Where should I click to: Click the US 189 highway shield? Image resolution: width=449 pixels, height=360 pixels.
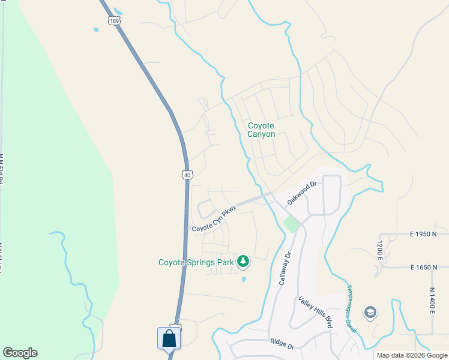(x=114, y=21)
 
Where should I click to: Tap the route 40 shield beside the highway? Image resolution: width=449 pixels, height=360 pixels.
(x=188, y=175)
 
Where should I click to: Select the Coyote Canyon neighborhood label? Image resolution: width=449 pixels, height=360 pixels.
(x=262, y=130)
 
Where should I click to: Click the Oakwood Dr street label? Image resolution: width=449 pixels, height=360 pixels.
(x=301, y=194)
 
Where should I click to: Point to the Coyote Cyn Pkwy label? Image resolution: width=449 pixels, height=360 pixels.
(x=214, y=220)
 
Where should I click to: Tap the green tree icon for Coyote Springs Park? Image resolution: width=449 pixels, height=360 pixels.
(x=243, y=261)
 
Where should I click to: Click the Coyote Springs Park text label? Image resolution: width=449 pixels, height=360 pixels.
(x=195, y=262)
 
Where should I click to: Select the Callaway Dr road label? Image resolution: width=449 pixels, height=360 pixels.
(x=285, y=268)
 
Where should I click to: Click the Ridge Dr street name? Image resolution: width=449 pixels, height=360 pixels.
(x=282, y=346)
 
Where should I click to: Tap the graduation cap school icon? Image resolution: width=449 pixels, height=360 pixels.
(x=371, y=313)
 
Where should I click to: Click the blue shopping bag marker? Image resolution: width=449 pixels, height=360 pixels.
(x=169, y=338)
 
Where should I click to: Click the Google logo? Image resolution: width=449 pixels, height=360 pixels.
(x=20, y=353)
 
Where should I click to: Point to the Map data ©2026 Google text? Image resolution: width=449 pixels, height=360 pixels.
(x=411, y=355)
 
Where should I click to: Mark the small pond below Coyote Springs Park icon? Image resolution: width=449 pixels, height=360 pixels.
(x=243, y=279)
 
